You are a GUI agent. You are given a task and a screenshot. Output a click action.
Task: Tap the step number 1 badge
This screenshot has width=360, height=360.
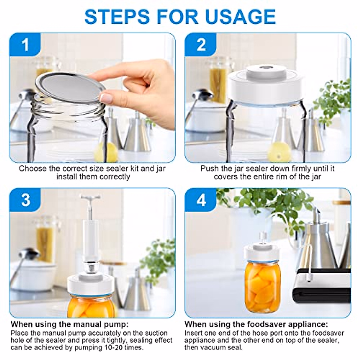click(25, 45)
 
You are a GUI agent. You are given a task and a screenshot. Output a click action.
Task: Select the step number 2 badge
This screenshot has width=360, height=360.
click(201, 45)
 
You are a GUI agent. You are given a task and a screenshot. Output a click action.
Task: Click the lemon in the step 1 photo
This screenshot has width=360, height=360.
click(106, 152)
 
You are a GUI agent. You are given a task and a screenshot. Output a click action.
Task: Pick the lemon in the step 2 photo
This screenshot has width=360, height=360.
click(279, 153)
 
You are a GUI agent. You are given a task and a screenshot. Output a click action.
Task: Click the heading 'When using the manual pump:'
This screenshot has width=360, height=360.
click(70, 324)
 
